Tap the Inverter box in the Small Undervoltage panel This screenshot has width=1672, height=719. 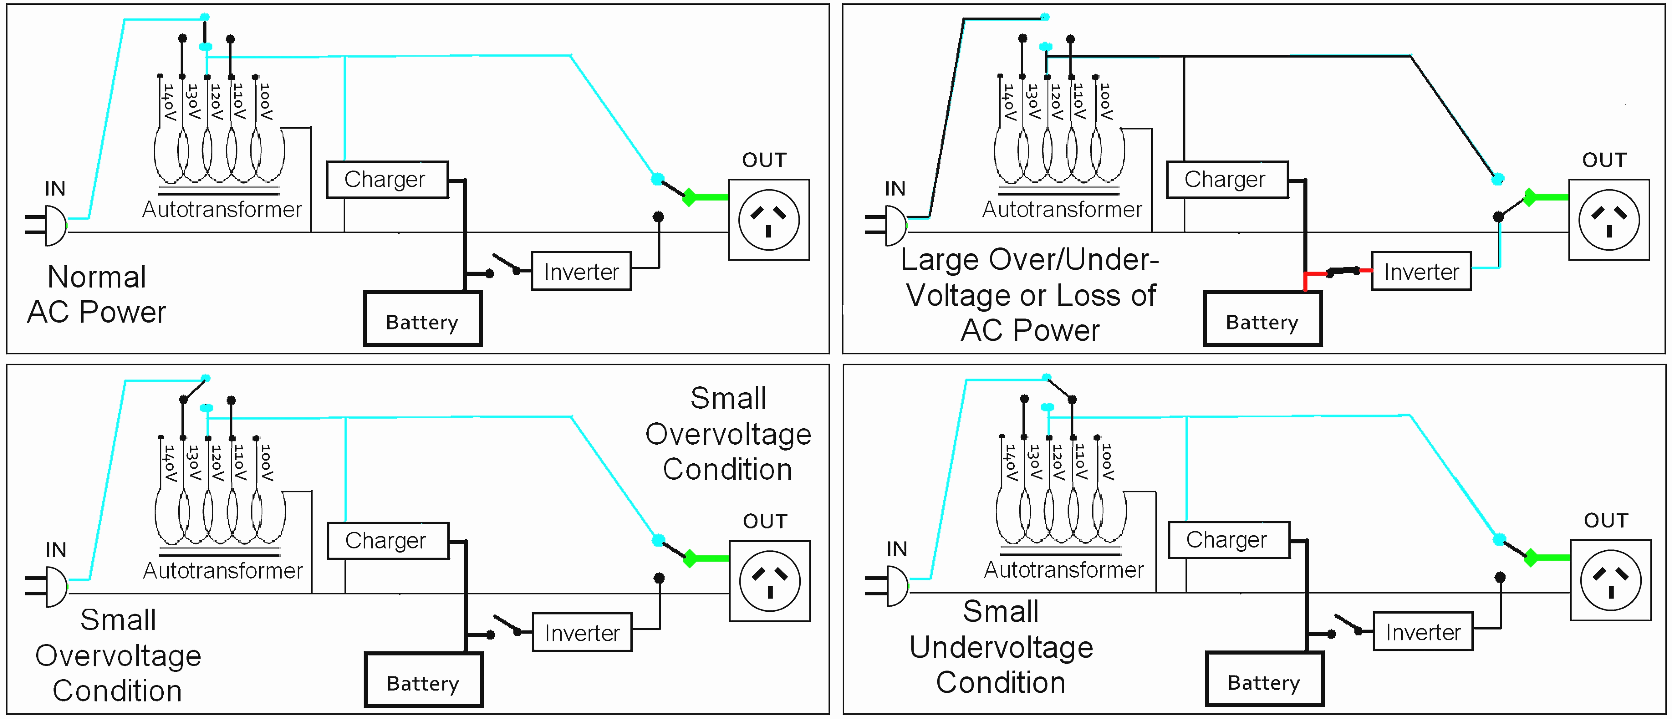(1423, 631)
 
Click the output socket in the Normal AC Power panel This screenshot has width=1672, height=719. (768, 220)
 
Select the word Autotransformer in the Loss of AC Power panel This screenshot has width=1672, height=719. (1062, 210)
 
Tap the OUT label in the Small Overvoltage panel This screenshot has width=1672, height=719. (765, 521)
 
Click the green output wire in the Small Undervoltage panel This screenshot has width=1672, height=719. (1551, 558)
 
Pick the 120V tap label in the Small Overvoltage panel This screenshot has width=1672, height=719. (217, 463)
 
